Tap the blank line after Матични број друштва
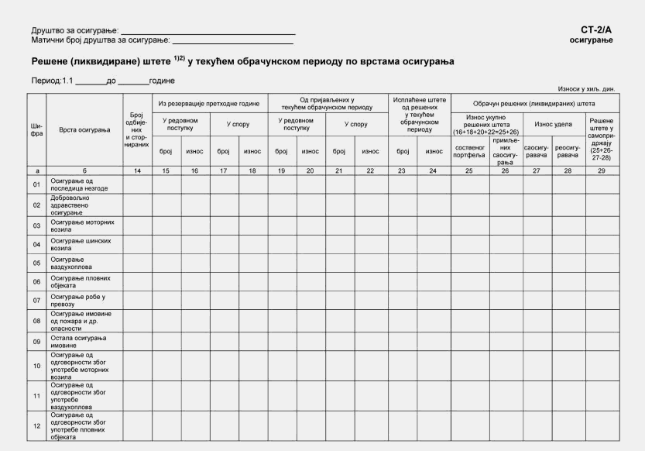coord(233,40)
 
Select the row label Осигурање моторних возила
coord(82,225)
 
